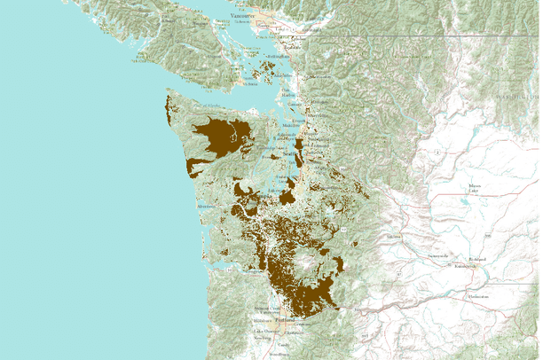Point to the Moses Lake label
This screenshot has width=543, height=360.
click(470, 189)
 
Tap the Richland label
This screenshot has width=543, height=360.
click(476, 258)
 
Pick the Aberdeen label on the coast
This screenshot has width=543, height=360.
click(206, 206)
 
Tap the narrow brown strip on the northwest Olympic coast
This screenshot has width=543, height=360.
click(169, 107)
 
